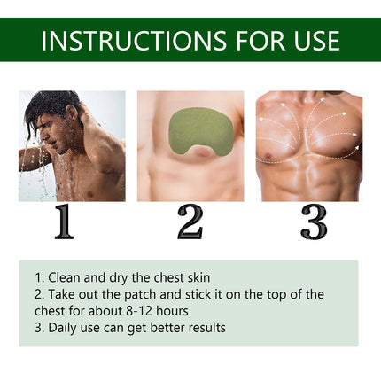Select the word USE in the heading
point(314,40)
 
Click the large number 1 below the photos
point(64,222)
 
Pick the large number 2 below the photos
point(190,222)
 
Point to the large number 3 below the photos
point(314,222)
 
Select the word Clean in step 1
point(65,276)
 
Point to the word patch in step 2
point(141,294)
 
